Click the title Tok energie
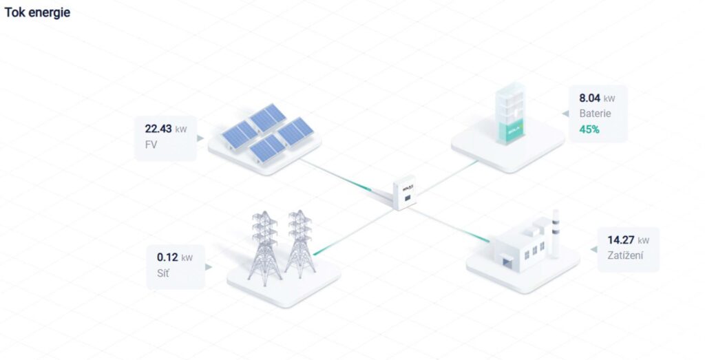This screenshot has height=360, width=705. pyautogui.click(x=37, y=12)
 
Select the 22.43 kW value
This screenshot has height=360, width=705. pyautogui.click(x=165, y=129)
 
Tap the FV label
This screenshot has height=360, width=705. pyautogui.click(x=151, y=145)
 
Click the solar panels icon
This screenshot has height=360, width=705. pyautogui.click(x=268, y=132)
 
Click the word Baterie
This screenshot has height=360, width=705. pyautogui.click(x=595, y=114)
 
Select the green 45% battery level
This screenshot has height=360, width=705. pyautogui.click(x=589, y=129)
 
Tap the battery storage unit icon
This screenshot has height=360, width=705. pyautogui.click(x=510, y=114)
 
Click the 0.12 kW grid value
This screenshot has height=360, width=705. pyautogui.click(x=174, y=257)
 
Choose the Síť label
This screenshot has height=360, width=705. pyautogui.click(x=163, y=273)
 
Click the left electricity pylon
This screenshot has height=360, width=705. pyautogui.click(x=265, y=248)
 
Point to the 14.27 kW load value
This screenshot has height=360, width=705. pyautogui.click(x=628, y=240)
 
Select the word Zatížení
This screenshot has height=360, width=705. pyautogui.click(x=625, y=256)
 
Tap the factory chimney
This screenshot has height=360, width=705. pyautogui.click(x=556, y=234)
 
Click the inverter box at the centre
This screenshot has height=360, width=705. pyautogui.click(x=404, y=193)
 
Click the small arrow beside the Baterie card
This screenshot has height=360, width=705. pyautogui.click(x=565, y=114)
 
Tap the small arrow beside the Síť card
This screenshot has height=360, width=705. pyautogui.click(x=209, y=267)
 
